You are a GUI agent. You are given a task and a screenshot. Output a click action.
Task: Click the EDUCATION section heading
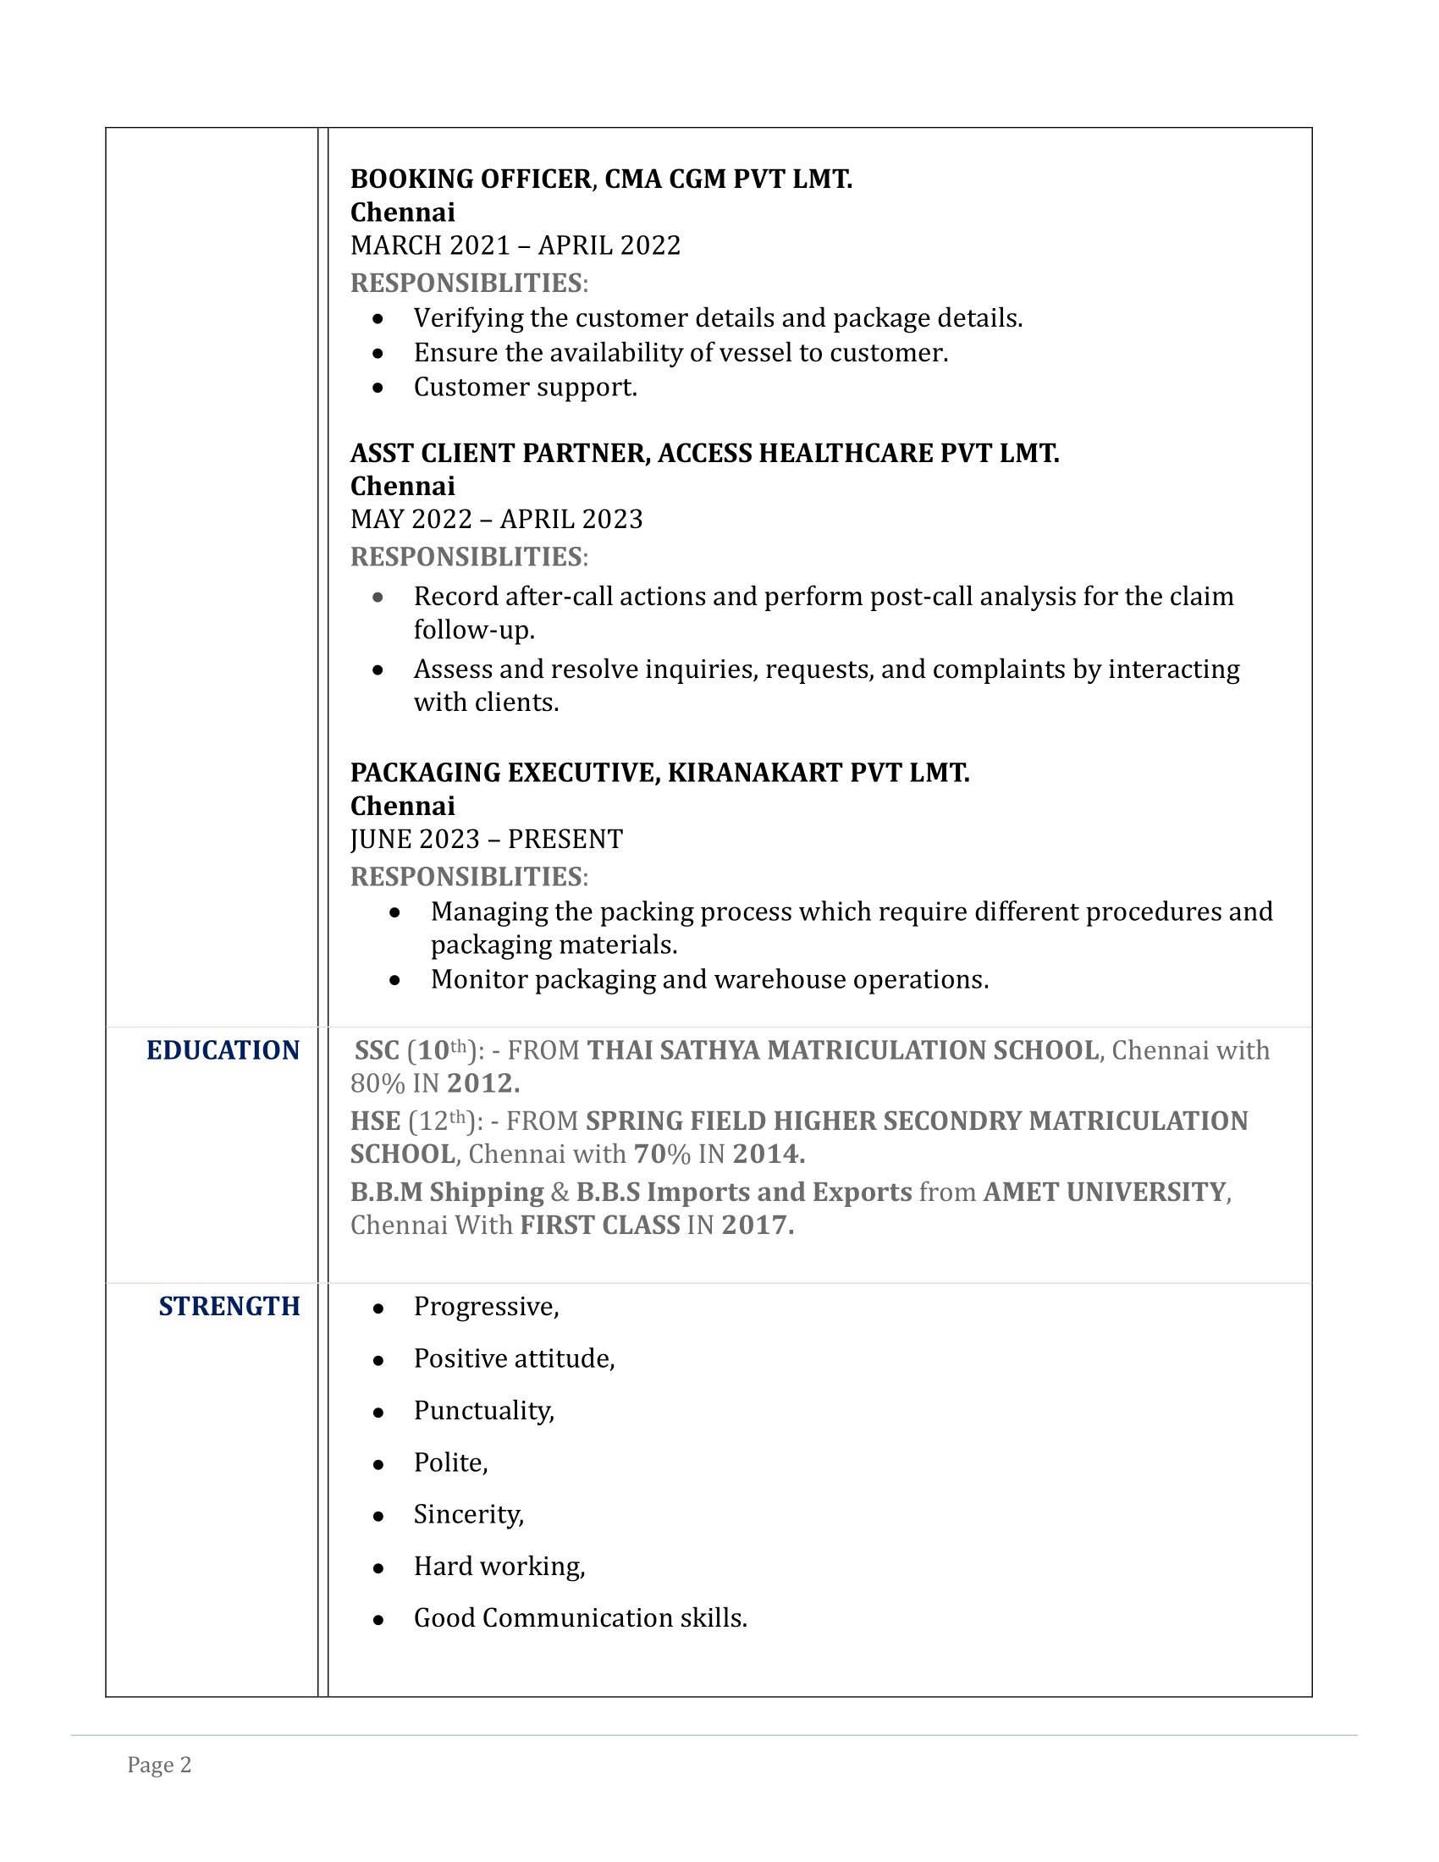tap(223, 1050)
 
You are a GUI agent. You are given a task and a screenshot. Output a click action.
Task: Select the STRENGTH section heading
tap(229, 1306)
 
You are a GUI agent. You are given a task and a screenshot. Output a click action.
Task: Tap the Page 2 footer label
tap(159, 1765)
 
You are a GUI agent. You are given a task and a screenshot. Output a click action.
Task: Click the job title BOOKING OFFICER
tap(471, 179)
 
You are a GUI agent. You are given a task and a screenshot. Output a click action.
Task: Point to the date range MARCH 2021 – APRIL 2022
tap(515, 245)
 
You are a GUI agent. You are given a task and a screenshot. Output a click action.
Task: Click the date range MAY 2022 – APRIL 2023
tap(496, 519)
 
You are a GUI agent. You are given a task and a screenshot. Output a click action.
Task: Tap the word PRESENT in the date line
tap(565, 840)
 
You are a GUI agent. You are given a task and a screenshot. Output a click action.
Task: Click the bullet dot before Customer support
tap(378, 388)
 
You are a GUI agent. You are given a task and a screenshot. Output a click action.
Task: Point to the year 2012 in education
tap(482, 1083)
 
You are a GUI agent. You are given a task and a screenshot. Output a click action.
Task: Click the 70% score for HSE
tap(662, 1154)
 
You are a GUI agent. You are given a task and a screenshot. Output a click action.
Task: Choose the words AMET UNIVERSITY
tap(1104, 1192)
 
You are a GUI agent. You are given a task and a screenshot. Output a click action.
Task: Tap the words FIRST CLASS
tap(599, 1226)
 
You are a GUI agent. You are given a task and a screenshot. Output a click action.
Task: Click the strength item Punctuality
tap(483, 1411)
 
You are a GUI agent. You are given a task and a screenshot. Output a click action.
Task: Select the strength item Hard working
tap(499, 1566)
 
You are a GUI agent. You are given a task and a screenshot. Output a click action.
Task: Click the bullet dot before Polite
tap(378, 1464)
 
